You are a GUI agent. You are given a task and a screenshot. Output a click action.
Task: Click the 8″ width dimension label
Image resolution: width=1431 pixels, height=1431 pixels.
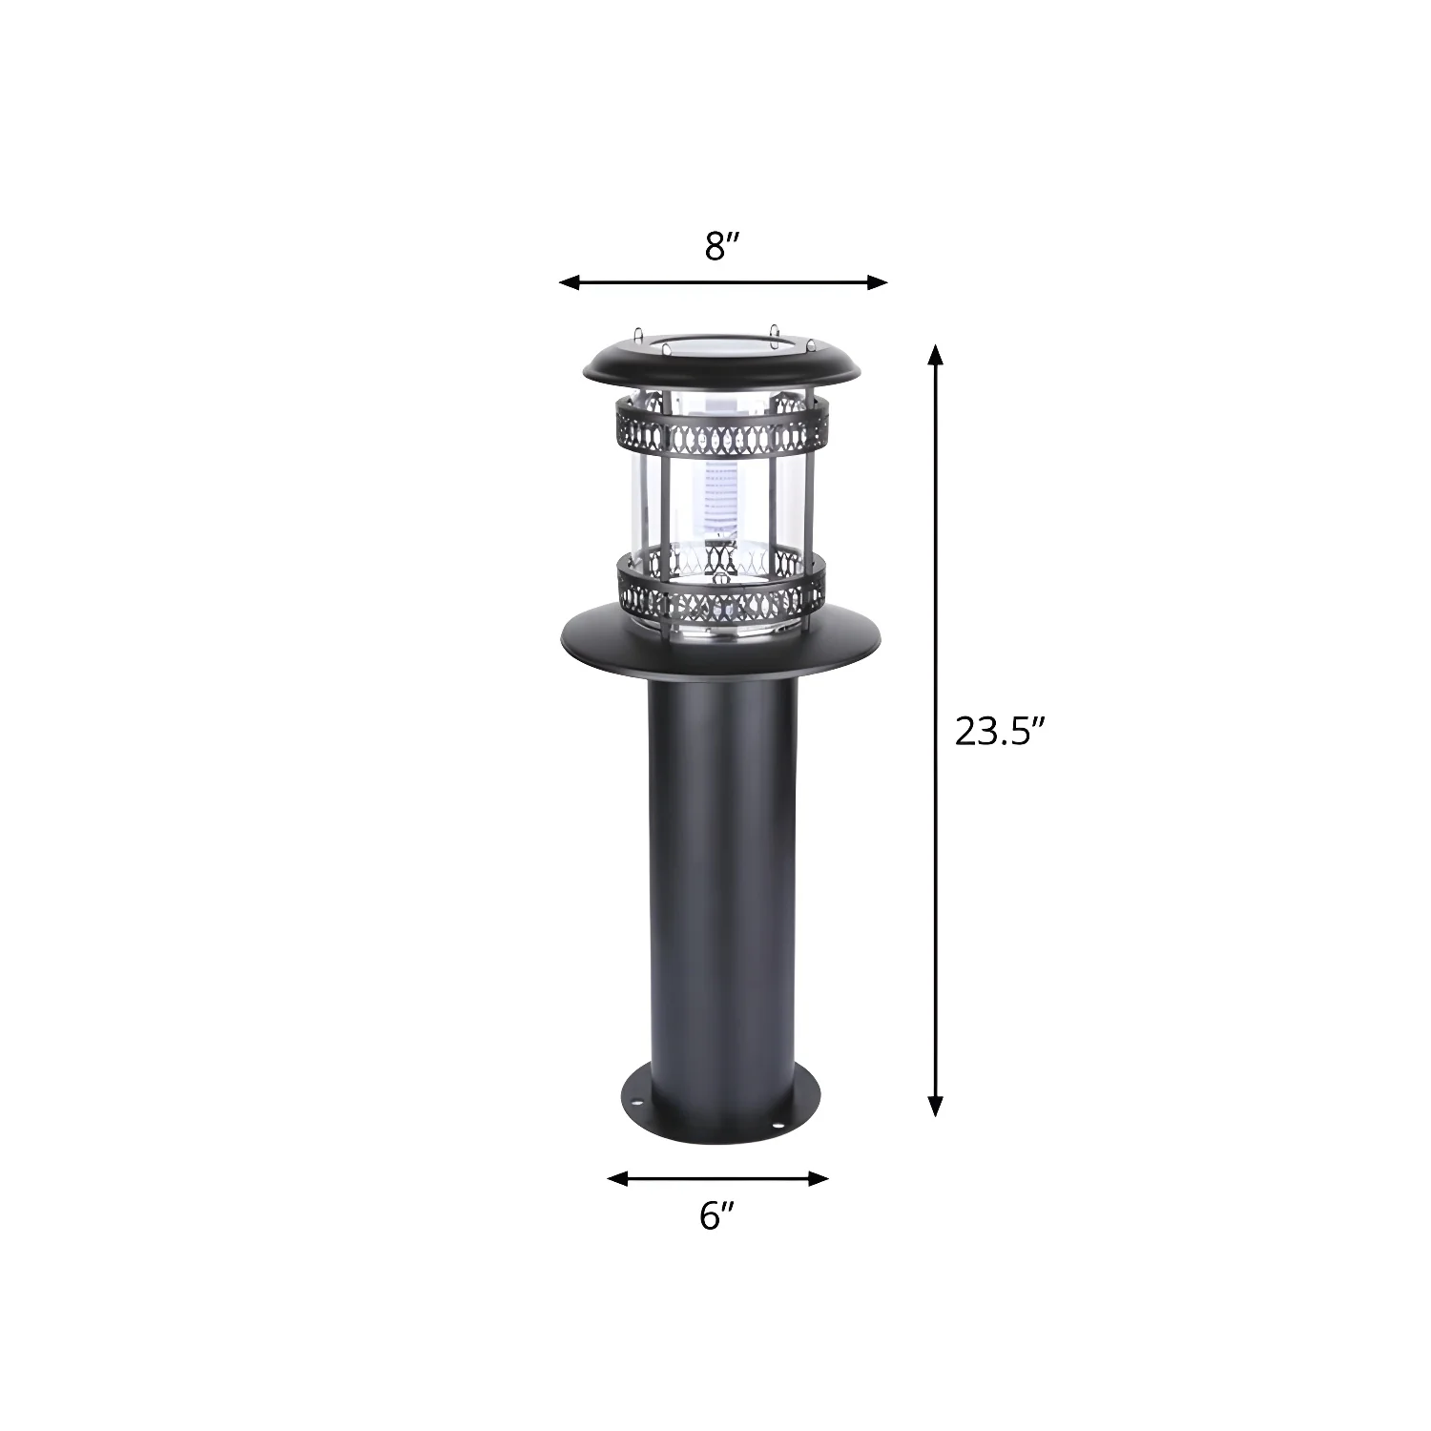(722, 246)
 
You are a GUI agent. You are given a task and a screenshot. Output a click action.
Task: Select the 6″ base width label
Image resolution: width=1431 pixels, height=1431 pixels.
(716, 1215)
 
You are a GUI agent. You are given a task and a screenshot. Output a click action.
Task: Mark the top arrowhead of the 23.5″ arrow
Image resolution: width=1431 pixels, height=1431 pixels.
(936, 356)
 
